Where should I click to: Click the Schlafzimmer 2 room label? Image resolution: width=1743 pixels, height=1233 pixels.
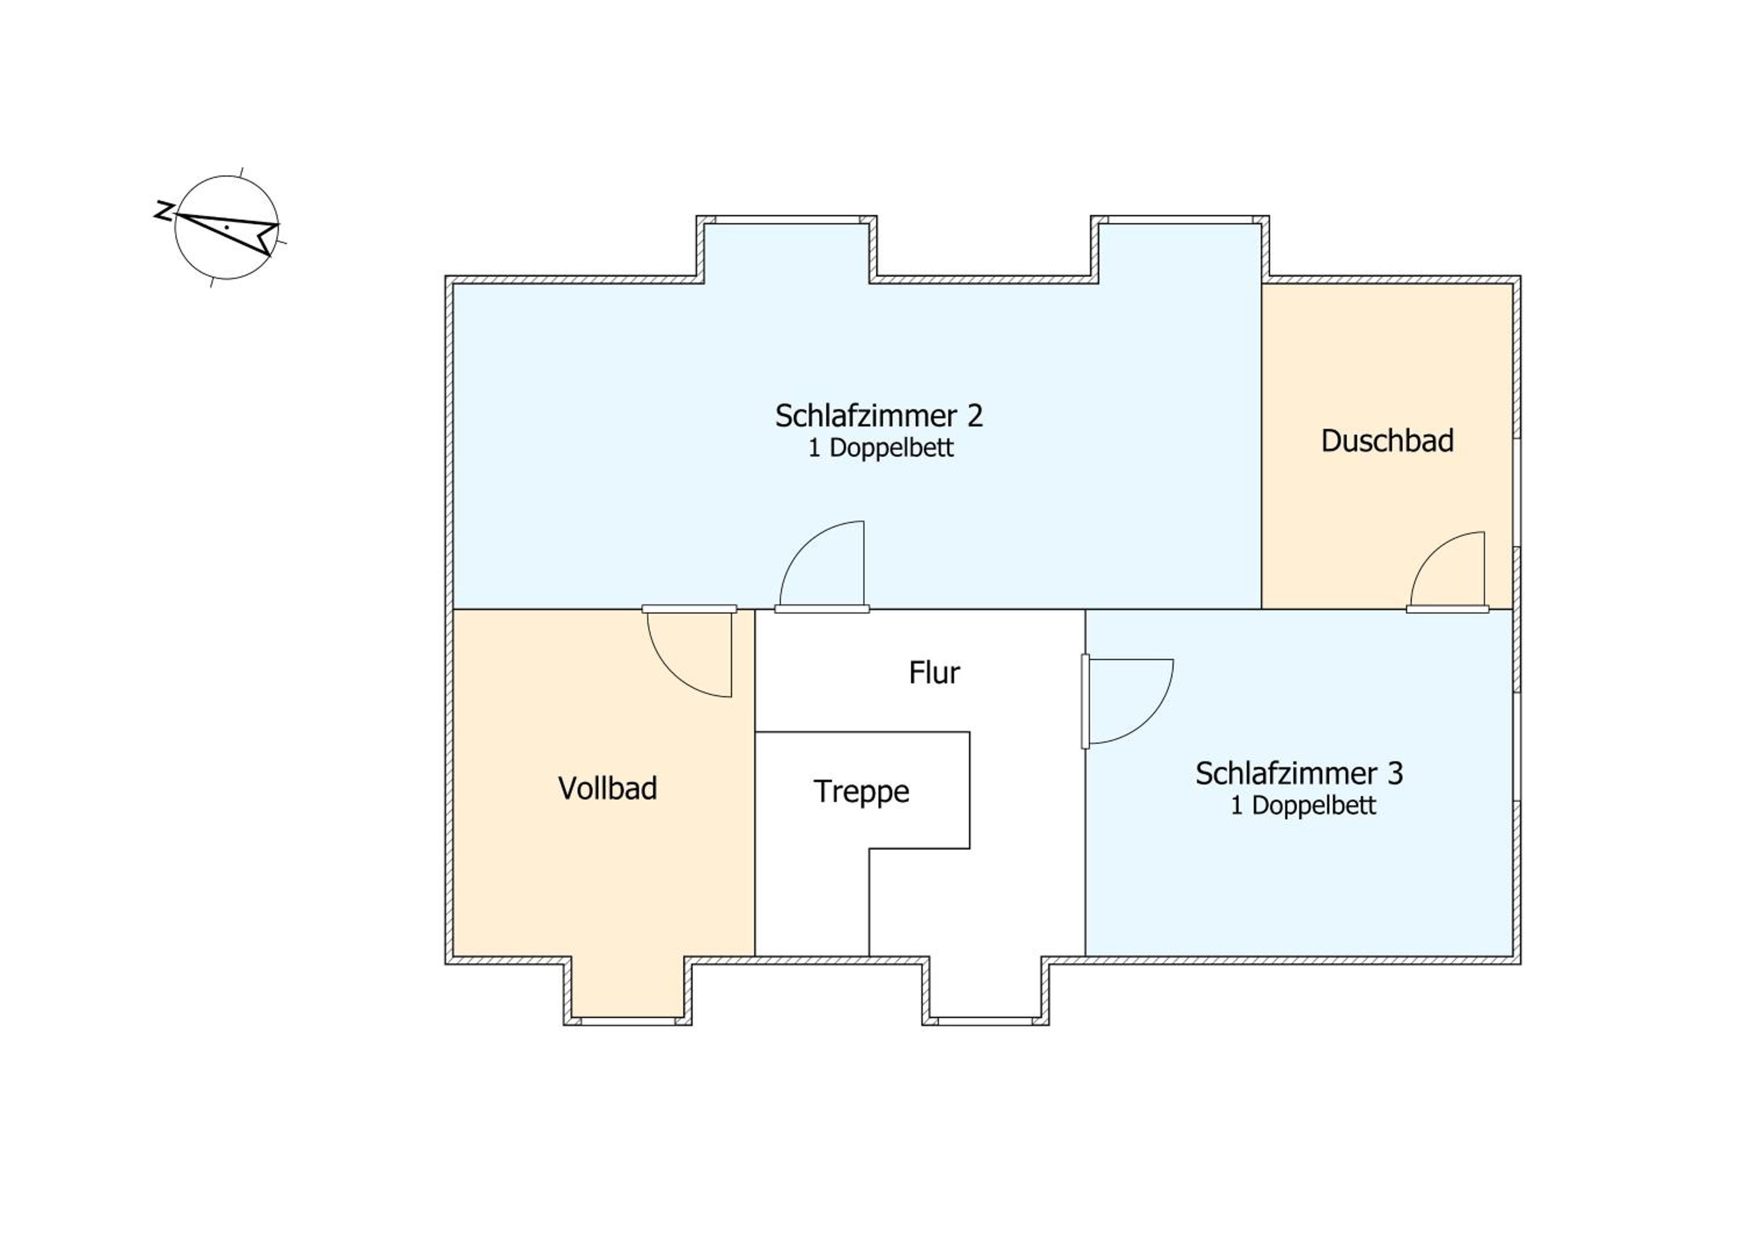[878, 416]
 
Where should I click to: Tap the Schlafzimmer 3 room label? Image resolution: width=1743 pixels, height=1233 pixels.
[1299, 773]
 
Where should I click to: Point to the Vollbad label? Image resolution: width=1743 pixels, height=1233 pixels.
[607, 789]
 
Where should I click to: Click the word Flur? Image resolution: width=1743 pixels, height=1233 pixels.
[934, 673]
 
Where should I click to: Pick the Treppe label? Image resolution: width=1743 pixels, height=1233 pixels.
[862, 793]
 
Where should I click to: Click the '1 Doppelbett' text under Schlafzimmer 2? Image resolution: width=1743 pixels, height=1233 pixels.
[881, 449]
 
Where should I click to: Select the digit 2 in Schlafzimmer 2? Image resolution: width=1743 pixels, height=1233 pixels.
[974, 416]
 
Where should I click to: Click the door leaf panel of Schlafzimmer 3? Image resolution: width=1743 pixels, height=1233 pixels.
[1085, 701]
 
